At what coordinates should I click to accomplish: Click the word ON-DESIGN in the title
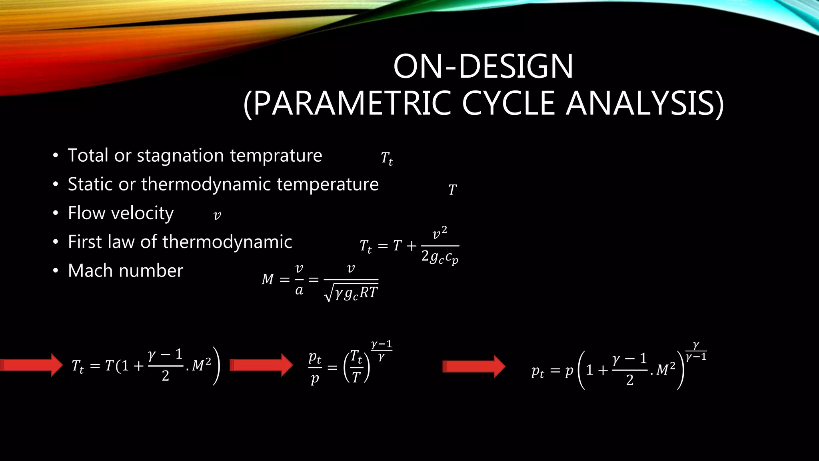483,66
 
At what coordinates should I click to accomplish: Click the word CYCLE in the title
508,103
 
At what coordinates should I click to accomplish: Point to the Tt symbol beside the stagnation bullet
387,158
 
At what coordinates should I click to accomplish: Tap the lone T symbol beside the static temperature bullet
452,190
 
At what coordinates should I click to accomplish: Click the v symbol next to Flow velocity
217,216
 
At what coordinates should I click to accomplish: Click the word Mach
91,271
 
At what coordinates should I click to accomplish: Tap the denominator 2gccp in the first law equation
440,257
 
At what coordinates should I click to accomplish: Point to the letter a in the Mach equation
299,290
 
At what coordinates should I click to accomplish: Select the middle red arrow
262,365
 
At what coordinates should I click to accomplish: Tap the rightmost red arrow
474,366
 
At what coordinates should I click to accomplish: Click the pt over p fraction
315,367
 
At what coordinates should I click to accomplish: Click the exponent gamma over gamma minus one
696,351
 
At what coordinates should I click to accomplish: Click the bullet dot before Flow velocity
56,213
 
